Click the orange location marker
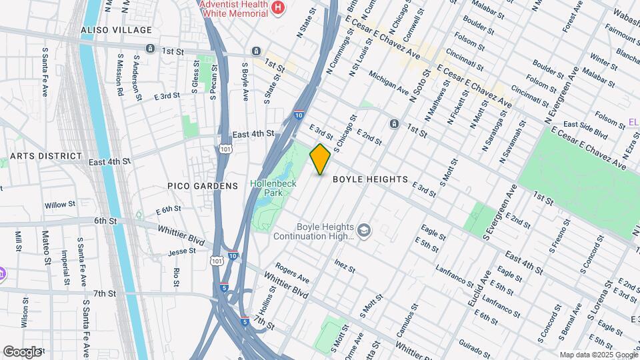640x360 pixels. (320, 159)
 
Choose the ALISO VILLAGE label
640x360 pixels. (116, 30)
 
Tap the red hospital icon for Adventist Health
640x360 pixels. (279, 8)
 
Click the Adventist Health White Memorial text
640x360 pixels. (237, 9)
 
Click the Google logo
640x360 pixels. (22, 351)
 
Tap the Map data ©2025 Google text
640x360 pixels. (597, 355)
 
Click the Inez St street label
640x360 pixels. (344, 266)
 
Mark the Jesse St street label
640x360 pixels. (181, 251)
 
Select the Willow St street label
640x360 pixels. (57, 205)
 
